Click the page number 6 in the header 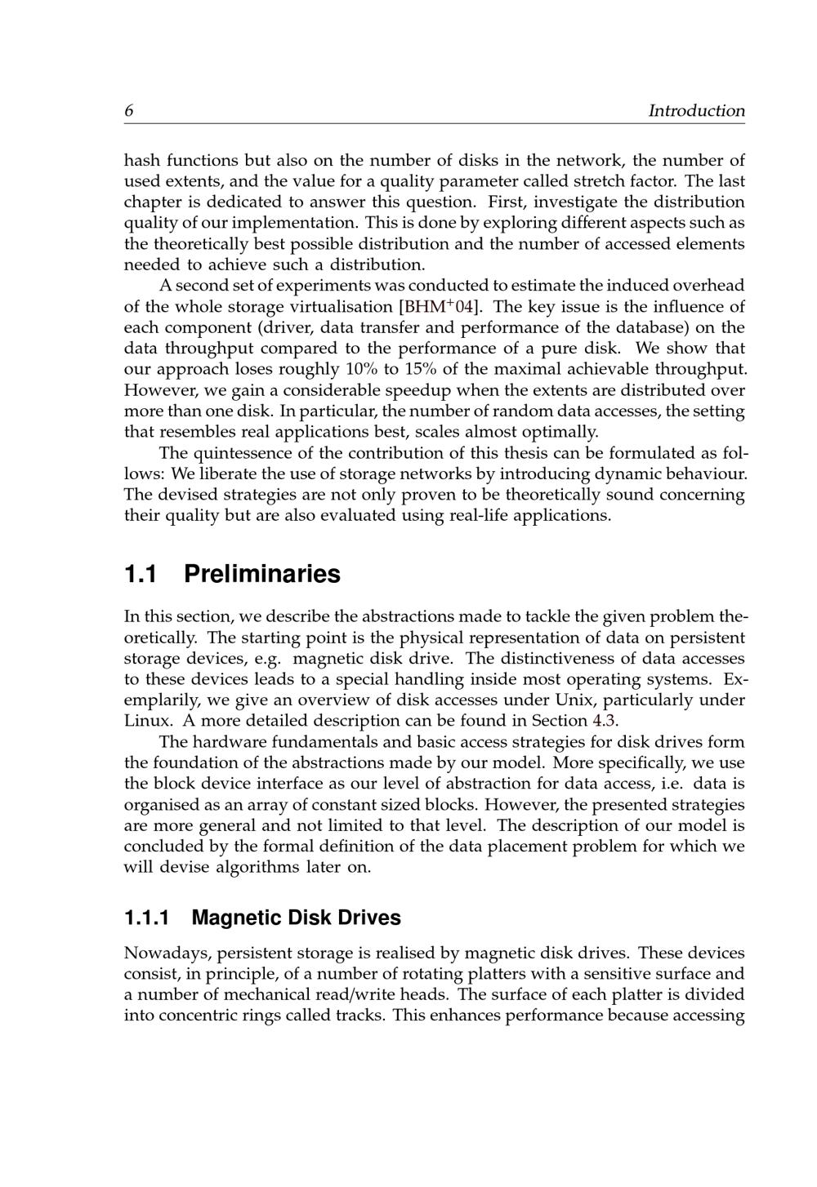129,110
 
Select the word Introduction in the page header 696,110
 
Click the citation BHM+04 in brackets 438,307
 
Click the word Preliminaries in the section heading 261,574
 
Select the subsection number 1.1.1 147,918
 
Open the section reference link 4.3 604,721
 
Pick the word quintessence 248,453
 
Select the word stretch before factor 596,181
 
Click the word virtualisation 341,307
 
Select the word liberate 226,473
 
